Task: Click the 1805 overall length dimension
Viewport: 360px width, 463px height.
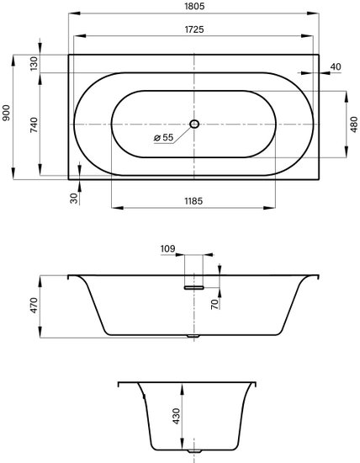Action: pos(194,6)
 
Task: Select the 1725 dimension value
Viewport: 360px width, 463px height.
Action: pos(194,29)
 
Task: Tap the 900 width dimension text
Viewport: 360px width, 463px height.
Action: pos(6,113)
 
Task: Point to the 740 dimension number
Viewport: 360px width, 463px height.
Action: pos(34,125)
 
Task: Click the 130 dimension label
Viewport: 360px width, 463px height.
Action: pos(34,63)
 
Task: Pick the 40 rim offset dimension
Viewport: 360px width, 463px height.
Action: pos(336,67)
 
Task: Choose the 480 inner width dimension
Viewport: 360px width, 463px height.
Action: pos(354,125)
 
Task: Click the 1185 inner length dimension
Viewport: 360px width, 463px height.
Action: pos(193,201)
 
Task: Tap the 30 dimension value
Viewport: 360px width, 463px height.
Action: pos(74,198)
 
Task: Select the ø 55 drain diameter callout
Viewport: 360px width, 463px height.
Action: pos(164,137)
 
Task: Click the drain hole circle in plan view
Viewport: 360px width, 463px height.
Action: pos(194,124)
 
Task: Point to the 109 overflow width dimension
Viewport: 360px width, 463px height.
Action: pos(167,249)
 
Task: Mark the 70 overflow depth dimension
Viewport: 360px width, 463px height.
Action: pos(215,304)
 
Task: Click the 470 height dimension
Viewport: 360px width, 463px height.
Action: pos(34,306)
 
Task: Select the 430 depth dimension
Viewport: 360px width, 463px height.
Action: pos(177,417)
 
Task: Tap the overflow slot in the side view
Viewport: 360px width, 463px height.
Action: pos(193,287)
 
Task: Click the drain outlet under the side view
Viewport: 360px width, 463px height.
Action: pos(193,336)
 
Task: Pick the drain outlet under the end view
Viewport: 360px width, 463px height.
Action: pos(194,459)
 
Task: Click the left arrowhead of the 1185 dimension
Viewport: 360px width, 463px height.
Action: pos(117,208)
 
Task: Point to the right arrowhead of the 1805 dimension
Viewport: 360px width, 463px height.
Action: pos(313,13)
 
